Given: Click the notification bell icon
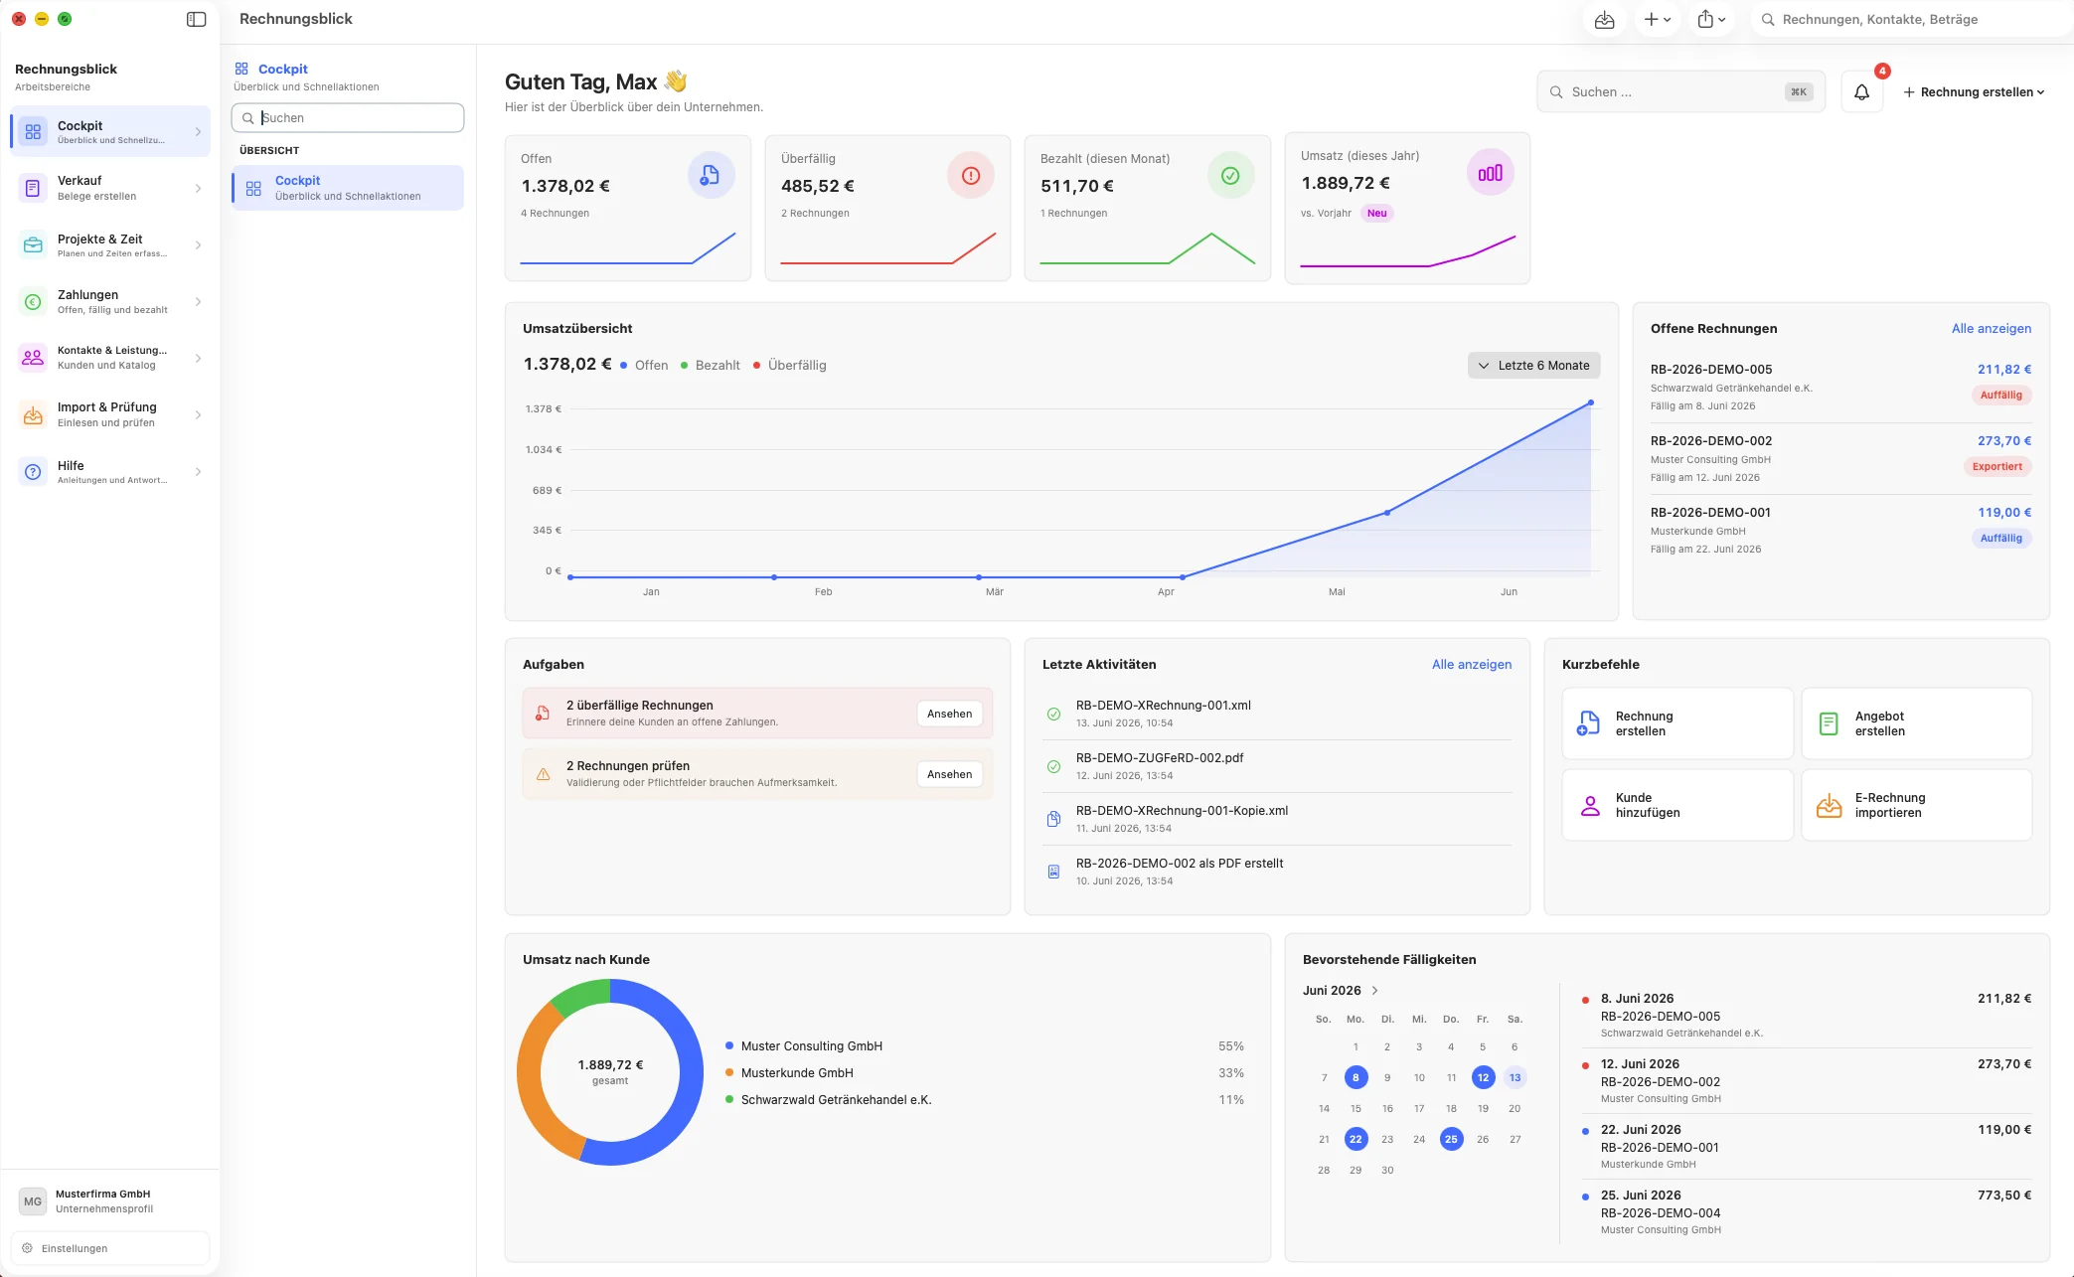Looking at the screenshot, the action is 1861,92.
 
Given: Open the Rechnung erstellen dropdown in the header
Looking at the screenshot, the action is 1974,92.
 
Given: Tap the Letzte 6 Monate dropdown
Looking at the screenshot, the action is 1533,366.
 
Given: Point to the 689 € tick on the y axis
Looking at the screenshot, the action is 547,490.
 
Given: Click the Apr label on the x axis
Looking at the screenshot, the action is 1166,591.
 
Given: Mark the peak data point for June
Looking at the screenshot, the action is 1590,402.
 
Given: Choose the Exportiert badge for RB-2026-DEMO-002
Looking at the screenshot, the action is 1996,467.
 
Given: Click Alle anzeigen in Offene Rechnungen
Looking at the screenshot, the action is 1991,329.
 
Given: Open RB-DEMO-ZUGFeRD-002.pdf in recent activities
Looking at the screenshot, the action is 1159,758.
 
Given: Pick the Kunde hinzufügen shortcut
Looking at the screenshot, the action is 1676,805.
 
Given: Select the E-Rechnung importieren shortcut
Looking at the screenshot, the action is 1916,805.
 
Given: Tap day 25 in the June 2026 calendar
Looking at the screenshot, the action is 1451,1139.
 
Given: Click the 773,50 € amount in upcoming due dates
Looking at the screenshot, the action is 2003,1196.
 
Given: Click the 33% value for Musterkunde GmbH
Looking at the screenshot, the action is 1230,1073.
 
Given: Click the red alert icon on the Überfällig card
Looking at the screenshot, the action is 970,176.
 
